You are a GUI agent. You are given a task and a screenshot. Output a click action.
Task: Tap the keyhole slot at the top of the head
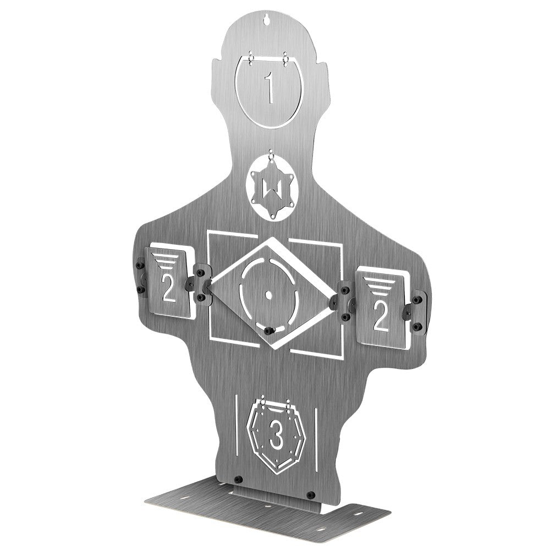coord(268,18)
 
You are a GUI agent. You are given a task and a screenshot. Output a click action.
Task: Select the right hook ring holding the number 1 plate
coord(286,57)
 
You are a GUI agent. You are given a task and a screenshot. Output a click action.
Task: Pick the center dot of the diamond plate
coord(269,295)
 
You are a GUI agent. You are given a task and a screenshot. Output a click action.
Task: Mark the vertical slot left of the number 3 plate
coord(235,424)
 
